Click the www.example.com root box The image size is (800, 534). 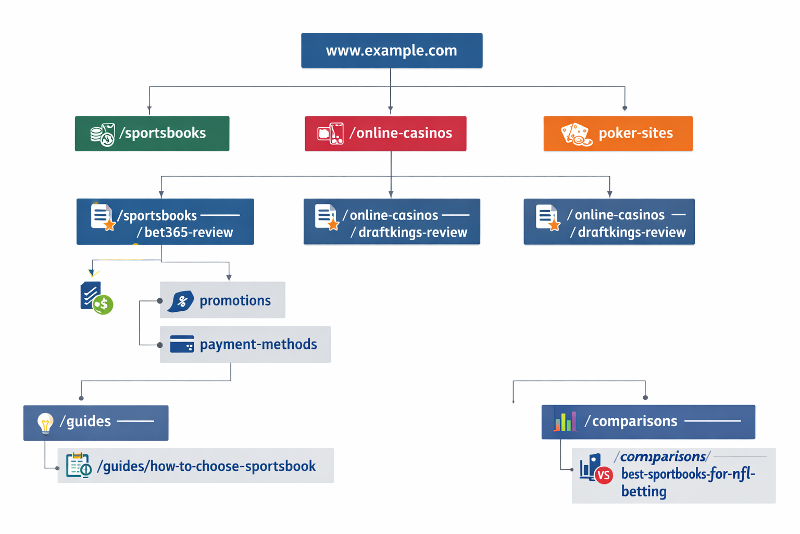[392, 51]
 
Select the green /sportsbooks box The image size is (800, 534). [152, 133]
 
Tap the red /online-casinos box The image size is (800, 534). [385, 133]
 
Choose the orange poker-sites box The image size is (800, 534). [618, 133]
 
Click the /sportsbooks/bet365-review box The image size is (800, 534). [165, 222]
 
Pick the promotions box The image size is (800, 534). [222, 300]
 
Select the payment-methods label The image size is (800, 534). [258, 344]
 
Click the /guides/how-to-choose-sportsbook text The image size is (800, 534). [206, 466]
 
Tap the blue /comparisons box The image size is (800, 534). [648, 421]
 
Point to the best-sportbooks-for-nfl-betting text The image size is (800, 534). [687, 482]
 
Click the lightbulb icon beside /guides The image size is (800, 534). [45, 423]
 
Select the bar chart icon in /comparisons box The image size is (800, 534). [565, 421]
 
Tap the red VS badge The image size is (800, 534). [604, 475]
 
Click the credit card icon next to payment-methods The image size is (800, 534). [182, 344]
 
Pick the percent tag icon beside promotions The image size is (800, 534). [181, 301]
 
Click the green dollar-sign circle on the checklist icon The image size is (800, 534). [103, 305]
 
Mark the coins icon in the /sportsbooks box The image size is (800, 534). [102, 135]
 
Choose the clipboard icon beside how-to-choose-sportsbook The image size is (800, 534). [78, 465]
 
